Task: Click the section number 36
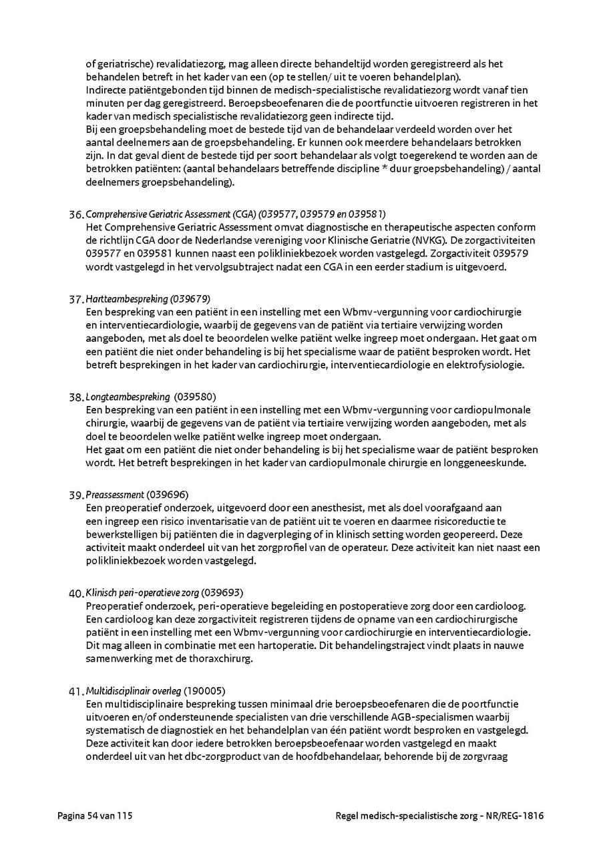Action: click(76, 214)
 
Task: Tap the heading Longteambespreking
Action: click(128, 397)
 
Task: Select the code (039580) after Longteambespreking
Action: click(194, 397)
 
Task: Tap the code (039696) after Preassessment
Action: click(168, 495)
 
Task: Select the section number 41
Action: click(76, 690)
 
